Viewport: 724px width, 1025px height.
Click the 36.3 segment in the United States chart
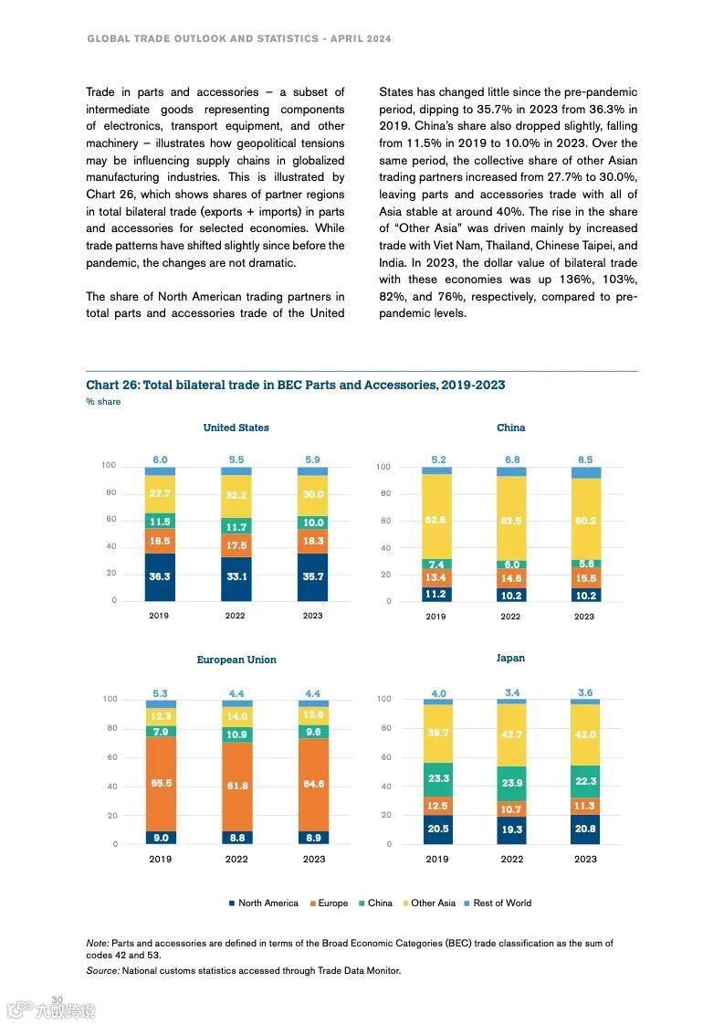160,576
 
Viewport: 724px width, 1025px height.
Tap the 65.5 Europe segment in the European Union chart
161,783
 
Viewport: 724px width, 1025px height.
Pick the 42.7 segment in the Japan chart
511,734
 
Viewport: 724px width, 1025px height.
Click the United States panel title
236,428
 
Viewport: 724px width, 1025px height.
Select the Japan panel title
510,658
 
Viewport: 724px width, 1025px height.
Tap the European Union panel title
236,660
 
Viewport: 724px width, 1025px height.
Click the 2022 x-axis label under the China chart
510,616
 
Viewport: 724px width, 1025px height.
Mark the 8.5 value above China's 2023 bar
585,460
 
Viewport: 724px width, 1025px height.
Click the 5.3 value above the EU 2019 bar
161,693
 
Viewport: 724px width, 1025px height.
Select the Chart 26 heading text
295,385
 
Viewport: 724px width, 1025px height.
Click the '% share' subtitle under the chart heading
103,402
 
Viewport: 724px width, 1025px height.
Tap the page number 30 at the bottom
57,999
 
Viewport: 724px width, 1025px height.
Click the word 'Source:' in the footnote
102,970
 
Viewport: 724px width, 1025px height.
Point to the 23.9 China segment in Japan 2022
511,783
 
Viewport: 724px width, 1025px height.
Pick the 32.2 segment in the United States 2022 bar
236,495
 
